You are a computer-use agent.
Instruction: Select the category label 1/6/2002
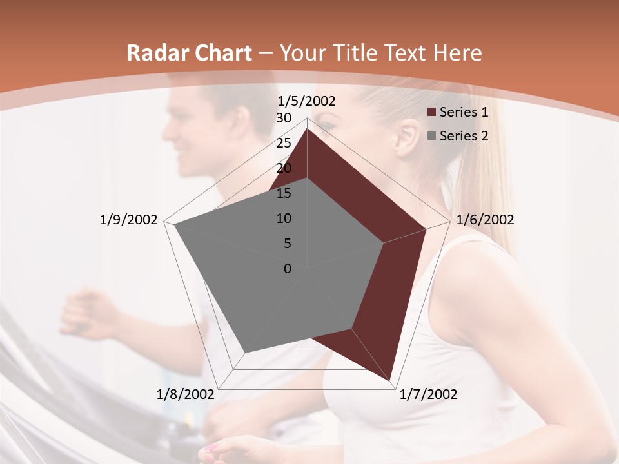coord(485,220)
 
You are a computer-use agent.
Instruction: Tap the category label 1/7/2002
coord(428,394)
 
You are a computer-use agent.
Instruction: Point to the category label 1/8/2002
coord(186,394)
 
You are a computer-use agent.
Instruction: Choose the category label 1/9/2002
coord(128,220)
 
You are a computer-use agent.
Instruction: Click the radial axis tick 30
coord(284,118)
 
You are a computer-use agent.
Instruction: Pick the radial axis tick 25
coord(284,143)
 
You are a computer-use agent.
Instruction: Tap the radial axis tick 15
coord(284,193)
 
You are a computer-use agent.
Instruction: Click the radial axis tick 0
coord(288,269)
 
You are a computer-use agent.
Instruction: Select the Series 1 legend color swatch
coord(432,113)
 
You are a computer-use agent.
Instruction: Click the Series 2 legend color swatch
coord(432,136)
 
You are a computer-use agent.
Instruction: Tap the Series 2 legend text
coord(464,136)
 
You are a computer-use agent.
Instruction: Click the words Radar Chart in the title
coord(189,53)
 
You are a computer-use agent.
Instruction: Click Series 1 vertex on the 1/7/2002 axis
coord(391,380)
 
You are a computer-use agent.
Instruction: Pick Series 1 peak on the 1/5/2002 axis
coord(307,129)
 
